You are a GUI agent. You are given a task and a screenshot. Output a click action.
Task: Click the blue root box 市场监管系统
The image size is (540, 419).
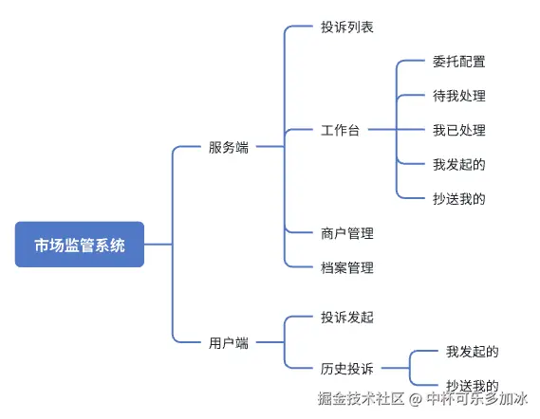[x=80, y=245]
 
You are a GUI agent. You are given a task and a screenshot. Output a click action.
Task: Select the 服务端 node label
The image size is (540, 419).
[x=229, y=147]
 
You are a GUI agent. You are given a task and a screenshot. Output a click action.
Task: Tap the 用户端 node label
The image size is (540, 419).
[x=229, y=343]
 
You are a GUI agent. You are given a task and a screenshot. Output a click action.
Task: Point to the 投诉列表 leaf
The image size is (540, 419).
[x=347, y=27]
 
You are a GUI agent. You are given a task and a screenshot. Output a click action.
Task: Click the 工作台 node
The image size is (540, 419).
[x=341, y=131]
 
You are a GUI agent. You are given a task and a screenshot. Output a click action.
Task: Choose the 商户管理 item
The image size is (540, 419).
[x=347, y=233]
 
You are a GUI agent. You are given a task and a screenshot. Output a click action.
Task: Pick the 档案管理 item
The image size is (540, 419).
[x=347, y=267]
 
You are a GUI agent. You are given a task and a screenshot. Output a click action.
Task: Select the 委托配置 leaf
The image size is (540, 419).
[x=459, y=62]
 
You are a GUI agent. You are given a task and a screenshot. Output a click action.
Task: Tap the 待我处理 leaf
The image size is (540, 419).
[x=459, y=96]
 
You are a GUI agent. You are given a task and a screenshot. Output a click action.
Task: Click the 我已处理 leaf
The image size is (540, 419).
[x=459, y=131]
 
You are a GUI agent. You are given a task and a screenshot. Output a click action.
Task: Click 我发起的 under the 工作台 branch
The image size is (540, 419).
[x=459, y=165]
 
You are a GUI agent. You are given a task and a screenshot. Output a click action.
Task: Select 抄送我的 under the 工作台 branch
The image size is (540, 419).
[x=459, y=199]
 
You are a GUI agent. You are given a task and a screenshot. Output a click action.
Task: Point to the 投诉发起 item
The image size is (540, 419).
[x=347, y=318]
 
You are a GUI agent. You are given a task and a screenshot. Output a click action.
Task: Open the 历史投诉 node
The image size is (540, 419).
[x=347, y=369]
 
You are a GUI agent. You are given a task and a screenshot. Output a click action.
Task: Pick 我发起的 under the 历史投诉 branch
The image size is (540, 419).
[x=473, y=352]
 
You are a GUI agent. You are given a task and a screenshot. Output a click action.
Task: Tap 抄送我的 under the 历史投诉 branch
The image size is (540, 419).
[x=473, y=385]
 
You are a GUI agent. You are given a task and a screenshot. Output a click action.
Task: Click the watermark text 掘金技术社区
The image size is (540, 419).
[x=361, y=399]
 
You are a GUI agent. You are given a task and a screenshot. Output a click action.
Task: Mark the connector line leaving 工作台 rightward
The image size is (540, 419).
[x=382, y=130]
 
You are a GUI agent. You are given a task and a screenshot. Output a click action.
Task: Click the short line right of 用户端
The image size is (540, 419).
[x=270, y=342]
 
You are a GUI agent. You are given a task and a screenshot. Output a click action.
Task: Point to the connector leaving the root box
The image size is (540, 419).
[x=158, y=245]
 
